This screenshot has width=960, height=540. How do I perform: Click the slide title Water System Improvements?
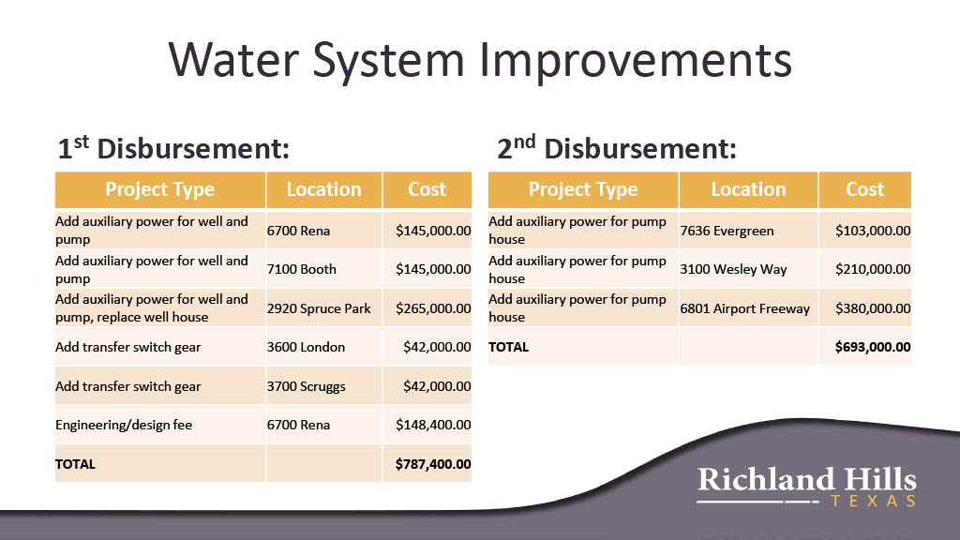click(480, 61)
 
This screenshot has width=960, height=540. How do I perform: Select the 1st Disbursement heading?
click(173, 148)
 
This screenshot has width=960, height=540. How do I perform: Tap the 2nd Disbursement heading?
click(617, 148)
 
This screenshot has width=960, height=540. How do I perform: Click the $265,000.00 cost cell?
click(433, 307)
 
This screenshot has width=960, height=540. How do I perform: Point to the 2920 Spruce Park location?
click(319, 307)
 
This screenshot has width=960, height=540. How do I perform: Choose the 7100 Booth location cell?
click(301, 269)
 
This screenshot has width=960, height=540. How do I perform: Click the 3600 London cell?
click(306, 347)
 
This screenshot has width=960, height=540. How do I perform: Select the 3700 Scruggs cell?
click(307, 386)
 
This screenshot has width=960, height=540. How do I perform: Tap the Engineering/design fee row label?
click(124, 425)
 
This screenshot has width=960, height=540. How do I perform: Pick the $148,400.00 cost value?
click(433, 425)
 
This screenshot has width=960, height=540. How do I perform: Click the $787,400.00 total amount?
click(433, 463)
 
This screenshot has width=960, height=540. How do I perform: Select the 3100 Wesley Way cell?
click(733, 269)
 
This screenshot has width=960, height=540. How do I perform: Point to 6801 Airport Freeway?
click(745, 308)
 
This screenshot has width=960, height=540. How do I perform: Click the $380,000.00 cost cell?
click(873, 307)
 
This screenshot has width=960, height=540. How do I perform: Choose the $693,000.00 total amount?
click(873, 347)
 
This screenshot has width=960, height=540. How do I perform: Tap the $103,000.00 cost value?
click(873, 231)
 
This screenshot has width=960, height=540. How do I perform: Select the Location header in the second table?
click(748, 189)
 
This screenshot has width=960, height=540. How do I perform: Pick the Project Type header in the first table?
click(159, 189)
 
